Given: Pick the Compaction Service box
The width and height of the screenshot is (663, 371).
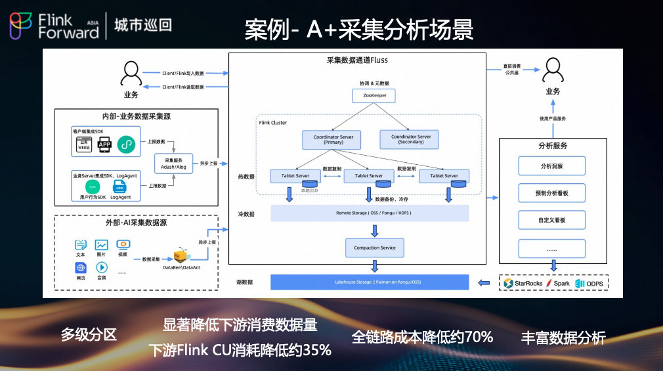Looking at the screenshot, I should click(375, 248).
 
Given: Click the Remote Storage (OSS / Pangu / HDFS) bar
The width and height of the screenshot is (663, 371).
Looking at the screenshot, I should click(370, 213).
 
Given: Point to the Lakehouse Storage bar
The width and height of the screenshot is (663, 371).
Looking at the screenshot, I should click(370, 282).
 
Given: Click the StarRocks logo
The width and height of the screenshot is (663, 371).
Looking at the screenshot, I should click(507, 283).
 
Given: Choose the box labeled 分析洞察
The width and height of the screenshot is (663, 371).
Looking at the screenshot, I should click(551, 166).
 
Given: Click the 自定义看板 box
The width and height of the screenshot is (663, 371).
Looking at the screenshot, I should click(551, 220).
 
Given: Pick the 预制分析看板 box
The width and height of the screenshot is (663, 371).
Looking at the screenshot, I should click(551, 193).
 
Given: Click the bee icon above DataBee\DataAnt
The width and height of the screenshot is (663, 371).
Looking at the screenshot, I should click(180, 255).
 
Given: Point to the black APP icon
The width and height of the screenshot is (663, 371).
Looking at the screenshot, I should click(104, 146).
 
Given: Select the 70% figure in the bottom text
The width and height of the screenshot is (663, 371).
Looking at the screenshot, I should click(479, 337).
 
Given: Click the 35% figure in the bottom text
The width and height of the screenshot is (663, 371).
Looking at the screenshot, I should click(316, 350).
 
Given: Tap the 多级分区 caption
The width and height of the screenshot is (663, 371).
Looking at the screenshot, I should click(89, 335).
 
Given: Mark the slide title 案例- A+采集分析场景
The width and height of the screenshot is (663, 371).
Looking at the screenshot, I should click(359, 29).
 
